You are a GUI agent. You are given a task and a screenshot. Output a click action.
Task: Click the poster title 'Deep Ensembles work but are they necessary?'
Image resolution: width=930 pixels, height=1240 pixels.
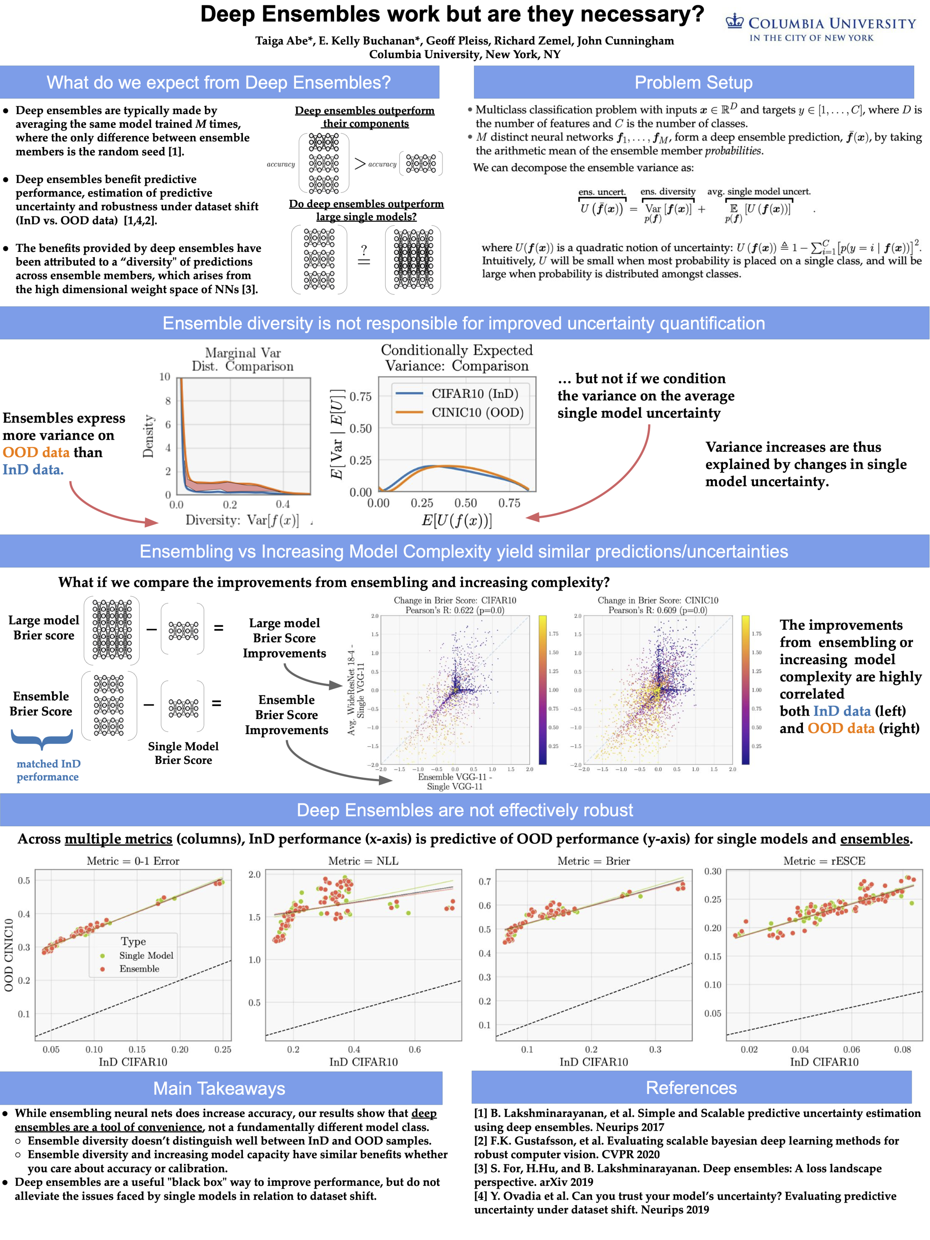click(452, 14)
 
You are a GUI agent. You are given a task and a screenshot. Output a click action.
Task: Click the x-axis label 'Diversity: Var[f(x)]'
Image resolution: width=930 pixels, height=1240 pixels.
click(242, 520)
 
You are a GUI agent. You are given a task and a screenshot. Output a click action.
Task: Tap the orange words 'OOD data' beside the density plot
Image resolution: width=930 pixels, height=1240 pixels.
click(36, 453)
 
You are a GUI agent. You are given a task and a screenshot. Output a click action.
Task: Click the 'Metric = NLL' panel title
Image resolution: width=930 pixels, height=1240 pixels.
click(363, 861)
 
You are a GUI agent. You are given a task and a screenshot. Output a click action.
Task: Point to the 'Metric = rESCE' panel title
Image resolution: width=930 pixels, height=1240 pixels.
click(824, 861)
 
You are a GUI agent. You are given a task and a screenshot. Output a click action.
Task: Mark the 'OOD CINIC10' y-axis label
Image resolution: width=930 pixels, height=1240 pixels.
click(9, 955)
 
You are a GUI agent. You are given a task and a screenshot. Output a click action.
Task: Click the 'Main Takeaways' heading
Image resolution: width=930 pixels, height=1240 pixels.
click(219, 1088)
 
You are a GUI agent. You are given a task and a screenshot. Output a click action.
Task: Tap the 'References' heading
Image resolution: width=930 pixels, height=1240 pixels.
click(691, 1088)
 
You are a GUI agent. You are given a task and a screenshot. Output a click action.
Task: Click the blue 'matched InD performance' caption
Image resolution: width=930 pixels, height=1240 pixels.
click(48, 770)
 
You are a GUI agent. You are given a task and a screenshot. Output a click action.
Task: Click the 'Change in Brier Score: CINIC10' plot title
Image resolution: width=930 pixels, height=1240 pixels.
click(657, 600)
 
